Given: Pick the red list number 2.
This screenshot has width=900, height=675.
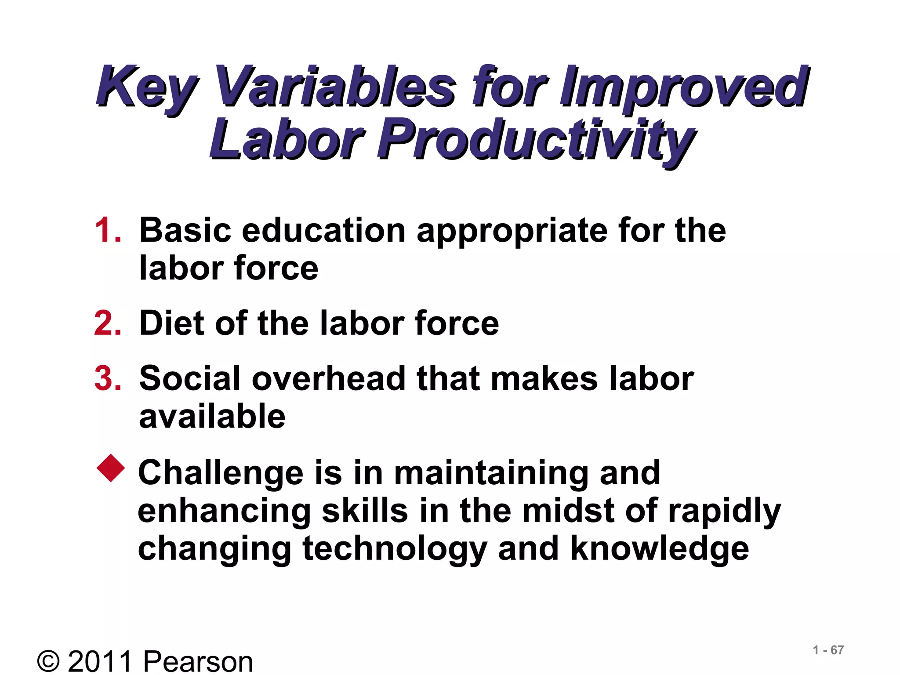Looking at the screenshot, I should (107, 323).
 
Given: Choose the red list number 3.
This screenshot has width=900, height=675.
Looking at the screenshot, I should (107, 378).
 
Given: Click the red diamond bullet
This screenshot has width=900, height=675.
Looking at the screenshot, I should (111, 468).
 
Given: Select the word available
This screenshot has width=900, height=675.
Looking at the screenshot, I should (212, 416).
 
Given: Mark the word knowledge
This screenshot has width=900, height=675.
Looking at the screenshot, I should (659, 549).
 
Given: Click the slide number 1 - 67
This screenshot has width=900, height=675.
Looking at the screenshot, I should (828, 650).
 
